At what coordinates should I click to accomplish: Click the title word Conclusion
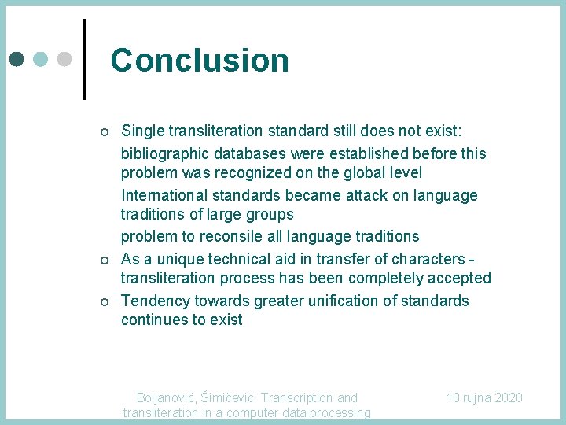pyautogui.click(x=200, y=60)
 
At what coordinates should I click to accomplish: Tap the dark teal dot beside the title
pyautogui.click(x=17, y=59)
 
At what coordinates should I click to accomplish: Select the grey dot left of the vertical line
pyautogui.click(x=65, y=59)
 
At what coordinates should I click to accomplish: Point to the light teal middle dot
pyautogui.click(x=41, y=59)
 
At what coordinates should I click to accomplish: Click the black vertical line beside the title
pyautogui.click(x=84, y=60)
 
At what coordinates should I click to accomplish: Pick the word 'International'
pyautogui.click(x=164, y=195)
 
